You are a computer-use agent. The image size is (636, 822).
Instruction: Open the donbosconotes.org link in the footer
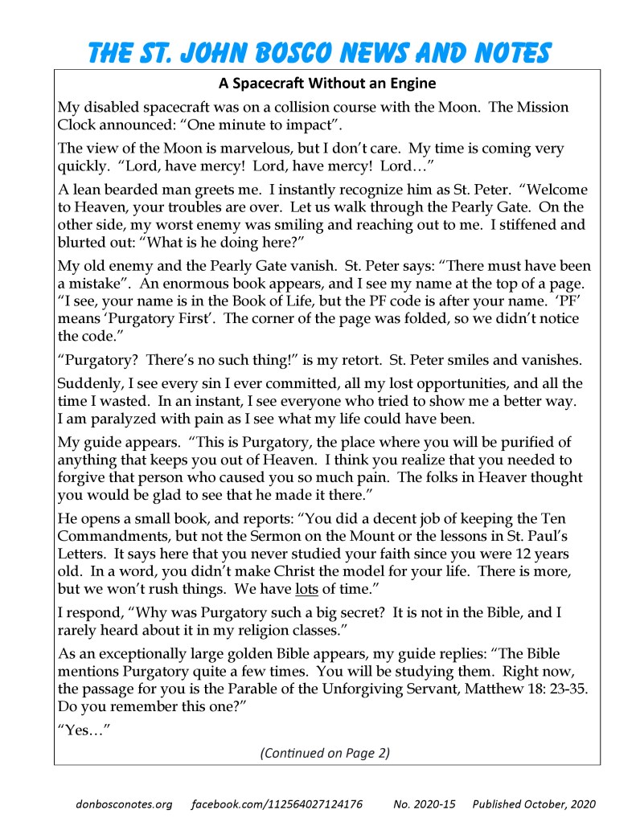[124, 804]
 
